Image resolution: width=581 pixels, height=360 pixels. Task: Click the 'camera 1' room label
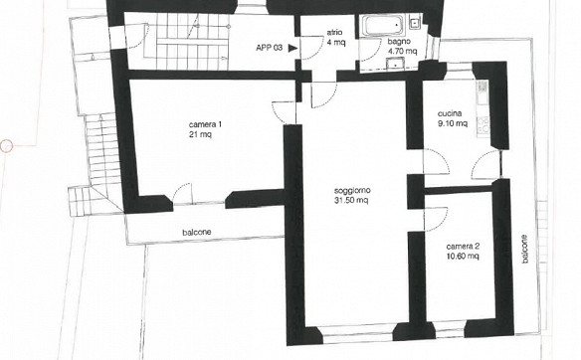tap(205, 124)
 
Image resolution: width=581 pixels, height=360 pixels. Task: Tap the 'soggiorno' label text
tap(352, 191)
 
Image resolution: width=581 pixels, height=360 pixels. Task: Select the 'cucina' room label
tap(450, 113)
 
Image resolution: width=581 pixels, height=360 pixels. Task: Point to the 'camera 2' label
tap(463, 247)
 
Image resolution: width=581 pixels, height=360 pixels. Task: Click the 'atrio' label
tap(334, 32)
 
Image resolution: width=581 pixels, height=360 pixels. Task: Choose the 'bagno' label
tap(399, 41)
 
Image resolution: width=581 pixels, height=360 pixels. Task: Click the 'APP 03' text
tap(270, 48)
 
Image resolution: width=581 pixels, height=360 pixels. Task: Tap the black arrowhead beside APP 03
tap(293, 48)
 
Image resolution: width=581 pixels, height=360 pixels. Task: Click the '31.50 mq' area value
tap(351, 200)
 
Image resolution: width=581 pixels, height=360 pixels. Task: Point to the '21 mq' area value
tap(200, 134)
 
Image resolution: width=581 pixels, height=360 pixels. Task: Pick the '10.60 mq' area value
tap(463, 256)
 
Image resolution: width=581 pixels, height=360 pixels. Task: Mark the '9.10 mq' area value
tap(453, 123)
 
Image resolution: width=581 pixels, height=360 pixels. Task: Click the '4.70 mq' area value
tap(402, 51)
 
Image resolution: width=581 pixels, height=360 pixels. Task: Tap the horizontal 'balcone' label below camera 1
tap(197, 233)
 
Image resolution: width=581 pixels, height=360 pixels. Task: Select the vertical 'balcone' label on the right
tap(524, 249)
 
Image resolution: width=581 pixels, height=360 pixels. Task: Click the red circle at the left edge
tap(6, 146)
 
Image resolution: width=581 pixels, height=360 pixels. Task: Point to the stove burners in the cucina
tap(483, 125)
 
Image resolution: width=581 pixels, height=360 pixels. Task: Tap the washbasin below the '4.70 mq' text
tap(397, 64)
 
